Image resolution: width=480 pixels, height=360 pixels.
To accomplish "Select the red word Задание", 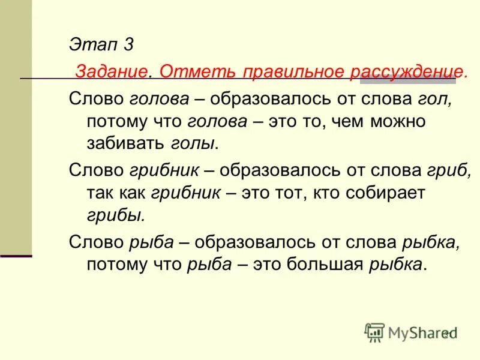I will point(111,71).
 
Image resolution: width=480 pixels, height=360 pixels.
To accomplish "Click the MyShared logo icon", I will point(375,332).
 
